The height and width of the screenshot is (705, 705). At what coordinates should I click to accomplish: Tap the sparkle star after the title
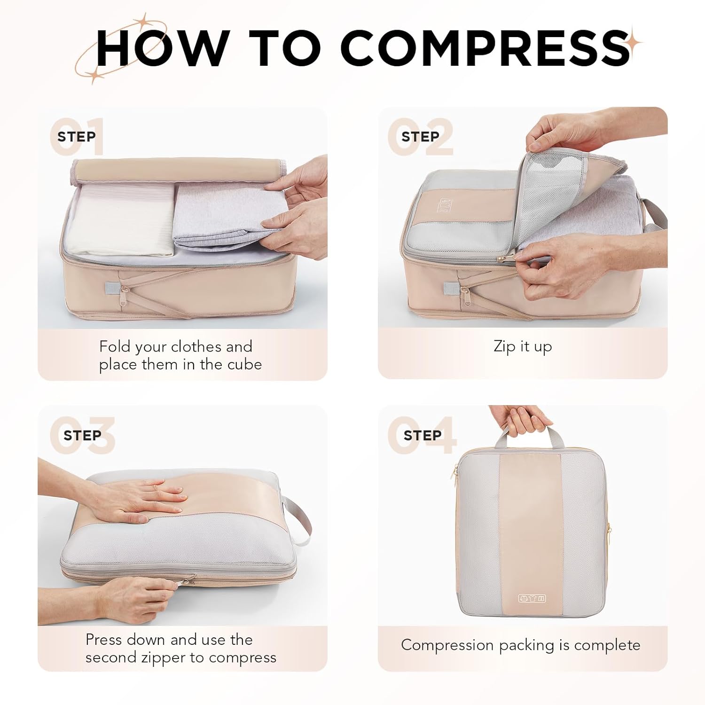click(635, 41)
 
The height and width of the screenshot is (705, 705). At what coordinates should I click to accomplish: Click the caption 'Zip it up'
click(522, 347)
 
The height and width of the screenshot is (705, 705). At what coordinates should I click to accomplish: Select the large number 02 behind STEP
click(421, 137)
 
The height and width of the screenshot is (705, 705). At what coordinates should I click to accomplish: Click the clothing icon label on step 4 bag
click(532, 598)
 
